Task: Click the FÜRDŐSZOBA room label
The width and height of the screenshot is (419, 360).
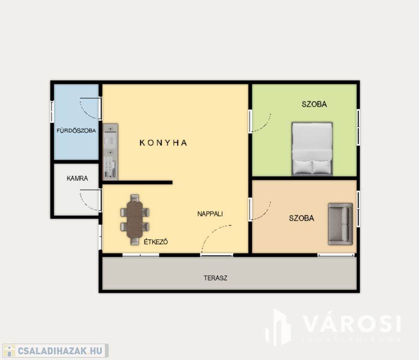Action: (x=76, y=131)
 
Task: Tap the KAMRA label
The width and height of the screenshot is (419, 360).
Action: (x=77, y=178)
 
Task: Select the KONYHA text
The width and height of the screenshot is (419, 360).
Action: (x=163, y=143)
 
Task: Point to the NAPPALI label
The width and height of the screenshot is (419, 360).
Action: (x=210, y=214)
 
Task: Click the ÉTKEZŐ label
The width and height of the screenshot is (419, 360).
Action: (x=156, y=242)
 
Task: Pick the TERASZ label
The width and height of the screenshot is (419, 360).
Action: (x=215, y=278)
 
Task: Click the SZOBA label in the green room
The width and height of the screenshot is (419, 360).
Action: (x=314, y=104)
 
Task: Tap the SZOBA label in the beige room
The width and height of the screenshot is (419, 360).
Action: (x=301, y=218)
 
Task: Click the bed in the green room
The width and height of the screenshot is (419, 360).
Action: (x=312, y=149)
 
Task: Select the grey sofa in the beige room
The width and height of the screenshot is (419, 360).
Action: (x=341, y=224)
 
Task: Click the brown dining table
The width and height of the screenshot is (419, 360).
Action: (x=135, y=220)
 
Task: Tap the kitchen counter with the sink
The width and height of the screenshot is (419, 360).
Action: (x=110, y=152)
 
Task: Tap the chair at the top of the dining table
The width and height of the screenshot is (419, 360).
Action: (x=135, y=198)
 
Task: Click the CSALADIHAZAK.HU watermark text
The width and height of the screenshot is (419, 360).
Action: (x=60, y=351)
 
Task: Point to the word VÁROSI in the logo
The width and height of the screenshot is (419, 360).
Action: (x=352, y=324)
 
